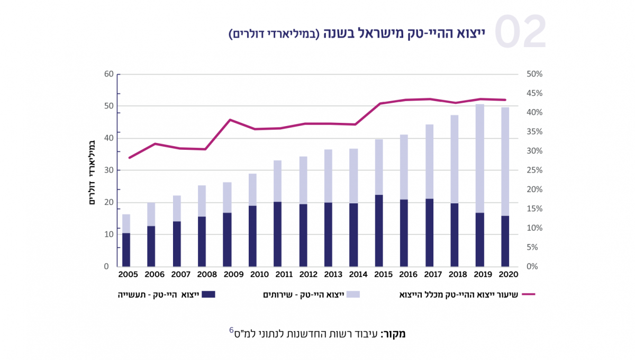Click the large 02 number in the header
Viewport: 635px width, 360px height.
520,32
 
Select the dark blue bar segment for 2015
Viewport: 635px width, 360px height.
379,231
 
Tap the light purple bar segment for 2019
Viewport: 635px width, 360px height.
480,159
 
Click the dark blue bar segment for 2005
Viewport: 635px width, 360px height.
126,249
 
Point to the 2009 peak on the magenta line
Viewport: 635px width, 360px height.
230,120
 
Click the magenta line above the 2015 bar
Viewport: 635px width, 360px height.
379,104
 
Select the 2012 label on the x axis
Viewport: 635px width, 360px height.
307,275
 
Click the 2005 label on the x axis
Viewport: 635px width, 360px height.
128,275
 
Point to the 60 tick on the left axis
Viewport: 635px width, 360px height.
109,74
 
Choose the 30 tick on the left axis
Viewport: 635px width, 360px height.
109,170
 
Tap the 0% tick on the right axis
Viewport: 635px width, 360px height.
532,267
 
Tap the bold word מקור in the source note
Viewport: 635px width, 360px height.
394,334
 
